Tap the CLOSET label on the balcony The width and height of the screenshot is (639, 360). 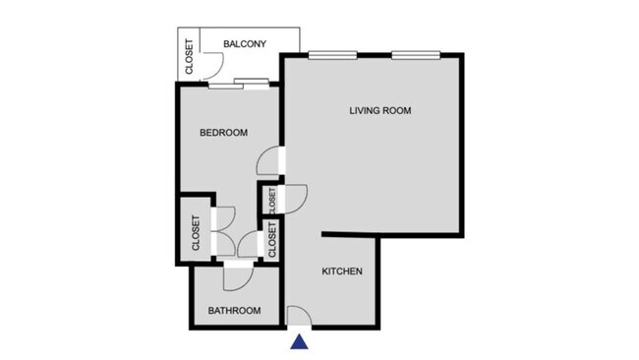click(x=189, y=58)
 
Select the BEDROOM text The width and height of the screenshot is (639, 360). click(x=223, y=133)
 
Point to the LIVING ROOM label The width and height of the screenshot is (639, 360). click(x=379, y=110)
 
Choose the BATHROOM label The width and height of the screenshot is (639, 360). click(x=234, y=311)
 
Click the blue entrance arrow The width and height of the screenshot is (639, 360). click(x=300, y=342)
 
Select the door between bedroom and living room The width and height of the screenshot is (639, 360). click(x=270, y=160)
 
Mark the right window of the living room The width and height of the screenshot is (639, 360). click(x=408, y=55)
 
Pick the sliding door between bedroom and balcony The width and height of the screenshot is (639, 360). click(x=239, y=85)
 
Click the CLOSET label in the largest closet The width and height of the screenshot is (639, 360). click(x=196, y=232)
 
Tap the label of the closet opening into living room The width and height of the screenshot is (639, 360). click(x=271, y=200)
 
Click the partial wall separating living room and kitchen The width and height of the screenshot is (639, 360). click(x=350, y=234)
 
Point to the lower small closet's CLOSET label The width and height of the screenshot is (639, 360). click(x=272, y=241)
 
